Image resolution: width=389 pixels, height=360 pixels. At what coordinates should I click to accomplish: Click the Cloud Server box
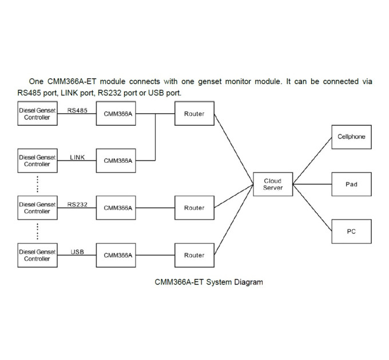coord(273,184)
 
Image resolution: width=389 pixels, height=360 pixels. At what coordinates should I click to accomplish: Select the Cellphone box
coord(352,137)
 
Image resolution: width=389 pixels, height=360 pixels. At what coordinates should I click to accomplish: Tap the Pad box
coord(352,184)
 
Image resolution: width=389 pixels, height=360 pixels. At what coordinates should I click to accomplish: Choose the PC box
coord(352,231)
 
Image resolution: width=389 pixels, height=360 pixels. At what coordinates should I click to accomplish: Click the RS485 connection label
coord(77,110)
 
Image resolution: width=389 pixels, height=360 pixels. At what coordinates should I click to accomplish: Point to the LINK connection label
coord(77,157)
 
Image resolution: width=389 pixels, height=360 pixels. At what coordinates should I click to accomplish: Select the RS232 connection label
coord(77,205)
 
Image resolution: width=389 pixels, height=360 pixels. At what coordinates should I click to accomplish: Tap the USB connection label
coord(77,252)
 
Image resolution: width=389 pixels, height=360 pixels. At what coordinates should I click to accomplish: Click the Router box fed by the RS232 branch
coord(194,207)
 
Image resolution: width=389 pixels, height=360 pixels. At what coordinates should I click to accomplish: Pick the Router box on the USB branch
coord(194,255)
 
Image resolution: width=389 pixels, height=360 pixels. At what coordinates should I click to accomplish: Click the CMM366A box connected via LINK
coord(116,161)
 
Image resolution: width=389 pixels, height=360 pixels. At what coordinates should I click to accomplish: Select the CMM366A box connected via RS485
coord(116,113)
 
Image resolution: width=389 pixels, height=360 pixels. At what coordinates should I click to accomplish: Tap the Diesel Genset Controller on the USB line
coord(37,255)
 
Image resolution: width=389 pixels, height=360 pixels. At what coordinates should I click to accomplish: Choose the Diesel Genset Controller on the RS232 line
coord(37,207)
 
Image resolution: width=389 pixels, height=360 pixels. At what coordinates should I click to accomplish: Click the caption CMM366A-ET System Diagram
coord(209,282)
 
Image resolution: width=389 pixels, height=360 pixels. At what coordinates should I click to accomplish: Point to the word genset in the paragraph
coord(209,82)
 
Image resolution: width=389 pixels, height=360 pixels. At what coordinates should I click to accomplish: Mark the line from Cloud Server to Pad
coord(312,184)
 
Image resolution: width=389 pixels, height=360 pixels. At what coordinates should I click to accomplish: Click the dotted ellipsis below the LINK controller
coord(37,184)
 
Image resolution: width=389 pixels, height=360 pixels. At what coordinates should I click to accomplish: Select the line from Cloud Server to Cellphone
coord(312,161)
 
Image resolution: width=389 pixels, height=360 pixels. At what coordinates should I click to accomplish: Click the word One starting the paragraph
coord(36,81)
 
